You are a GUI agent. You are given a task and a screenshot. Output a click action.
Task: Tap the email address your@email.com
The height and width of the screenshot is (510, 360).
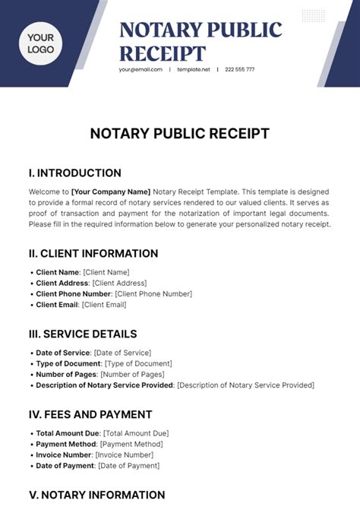pos(141,69)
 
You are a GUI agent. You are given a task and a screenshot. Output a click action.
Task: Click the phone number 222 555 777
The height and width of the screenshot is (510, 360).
pos(240,69)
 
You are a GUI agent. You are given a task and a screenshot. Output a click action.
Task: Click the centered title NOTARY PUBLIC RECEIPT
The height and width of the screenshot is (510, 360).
pos(180,134)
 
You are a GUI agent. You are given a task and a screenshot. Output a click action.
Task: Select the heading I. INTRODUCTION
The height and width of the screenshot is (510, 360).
pos(75,173)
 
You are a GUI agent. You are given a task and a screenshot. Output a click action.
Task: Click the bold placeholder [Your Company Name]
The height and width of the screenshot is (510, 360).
pos(111,192)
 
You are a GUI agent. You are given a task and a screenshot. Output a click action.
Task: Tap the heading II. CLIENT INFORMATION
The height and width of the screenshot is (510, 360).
pos(93,253)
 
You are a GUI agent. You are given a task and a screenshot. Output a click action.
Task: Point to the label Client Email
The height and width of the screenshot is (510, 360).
pos(58,305)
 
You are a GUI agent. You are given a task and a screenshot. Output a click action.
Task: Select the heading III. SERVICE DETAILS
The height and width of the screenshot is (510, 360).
pos(83,334)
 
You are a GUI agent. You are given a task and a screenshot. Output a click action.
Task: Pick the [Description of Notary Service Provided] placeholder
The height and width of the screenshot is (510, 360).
pos(246,385)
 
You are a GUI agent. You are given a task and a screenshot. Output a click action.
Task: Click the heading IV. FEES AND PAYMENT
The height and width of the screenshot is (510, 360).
pos(90,414)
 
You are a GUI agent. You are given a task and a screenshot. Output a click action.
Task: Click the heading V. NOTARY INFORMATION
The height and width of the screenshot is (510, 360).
pos(96,495)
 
